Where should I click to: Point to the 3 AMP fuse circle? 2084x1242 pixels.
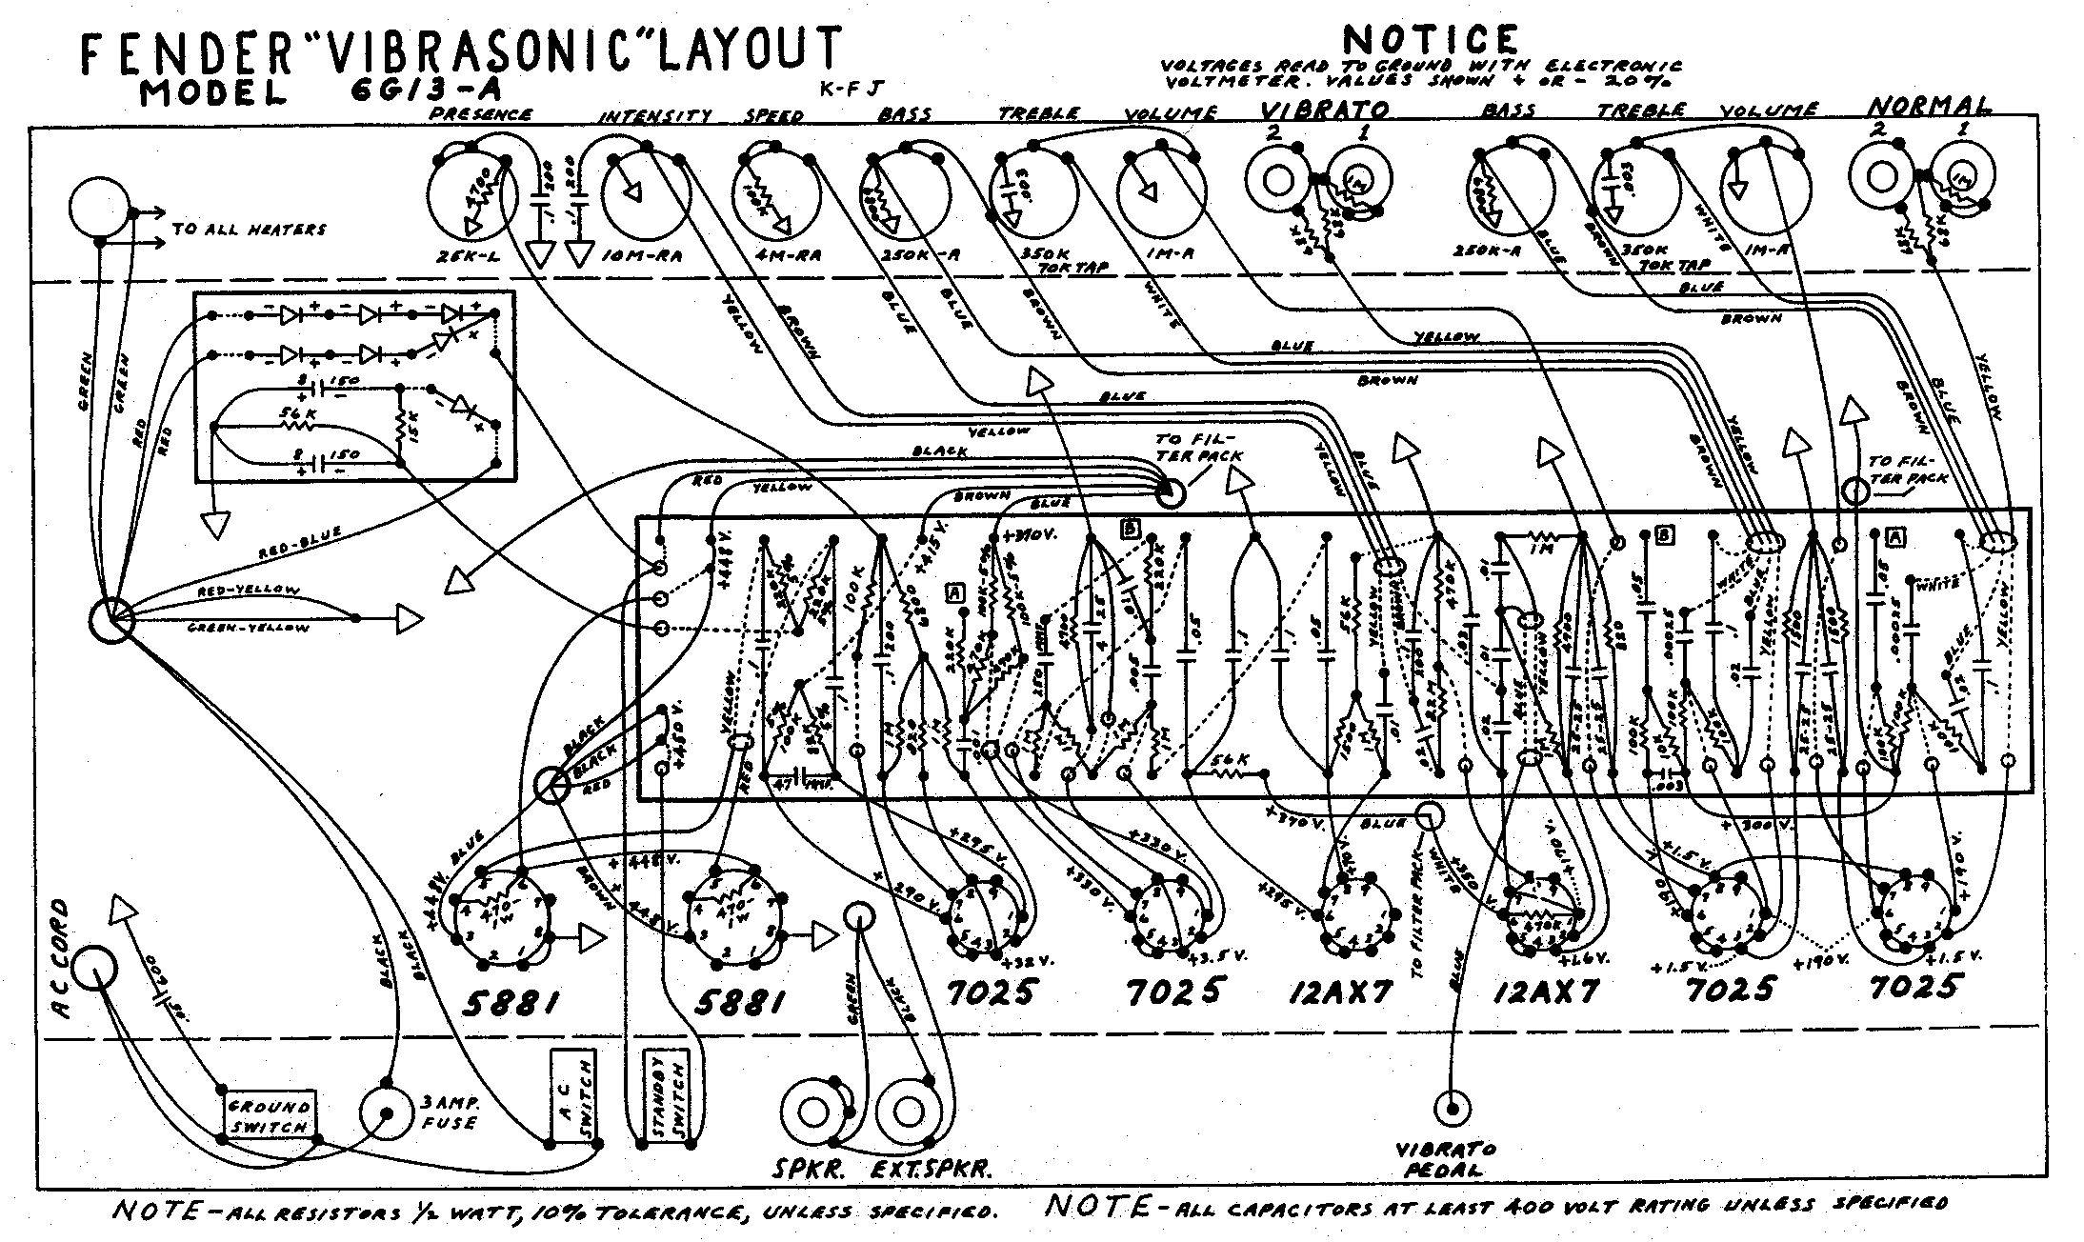point(389,1115)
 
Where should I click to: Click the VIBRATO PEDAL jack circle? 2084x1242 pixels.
point(1453,1107)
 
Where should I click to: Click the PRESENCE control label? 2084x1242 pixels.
point(481,114)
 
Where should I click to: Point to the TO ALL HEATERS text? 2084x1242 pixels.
point(249,230)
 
